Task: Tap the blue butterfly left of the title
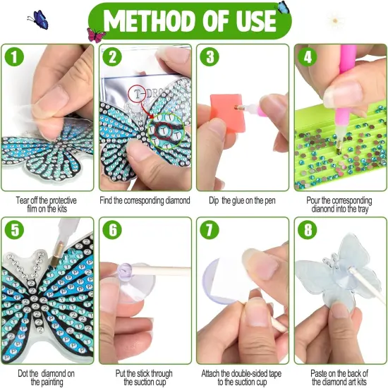pyautogui.click(x=37, y=19)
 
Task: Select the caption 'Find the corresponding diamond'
pyautogui.click(x=146, y=200)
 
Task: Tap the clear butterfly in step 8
pyautogui.click(x=339, y=275)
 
